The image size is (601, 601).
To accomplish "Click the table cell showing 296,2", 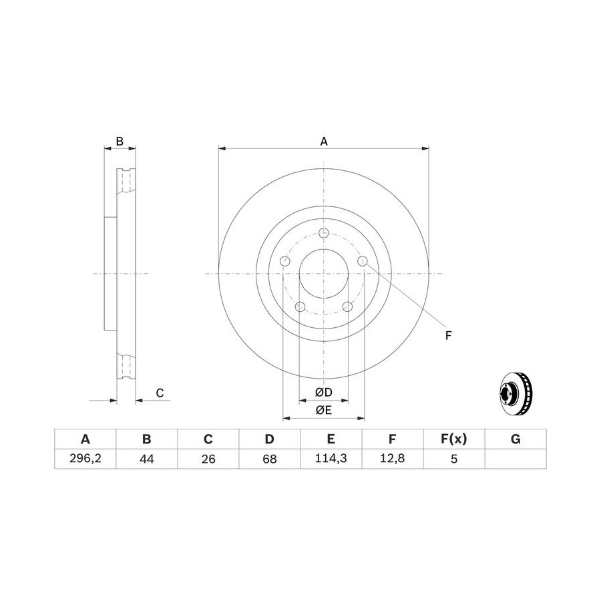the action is [x=85, y=458].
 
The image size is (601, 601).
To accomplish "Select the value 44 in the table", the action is [x=147, y=458].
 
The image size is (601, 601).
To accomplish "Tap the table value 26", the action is [x=208, y=458].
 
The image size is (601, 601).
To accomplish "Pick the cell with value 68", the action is [x=270, y=458].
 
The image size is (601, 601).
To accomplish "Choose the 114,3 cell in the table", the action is [x=331, y=458].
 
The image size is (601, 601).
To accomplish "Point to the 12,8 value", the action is [x=393, y=458].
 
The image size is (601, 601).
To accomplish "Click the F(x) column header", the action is [x=454, y=439].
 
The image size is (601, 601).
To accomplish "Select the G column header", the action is [x=516, y=439].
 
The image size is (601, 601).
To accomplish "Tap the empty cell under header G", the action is [x=516, y=458].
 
